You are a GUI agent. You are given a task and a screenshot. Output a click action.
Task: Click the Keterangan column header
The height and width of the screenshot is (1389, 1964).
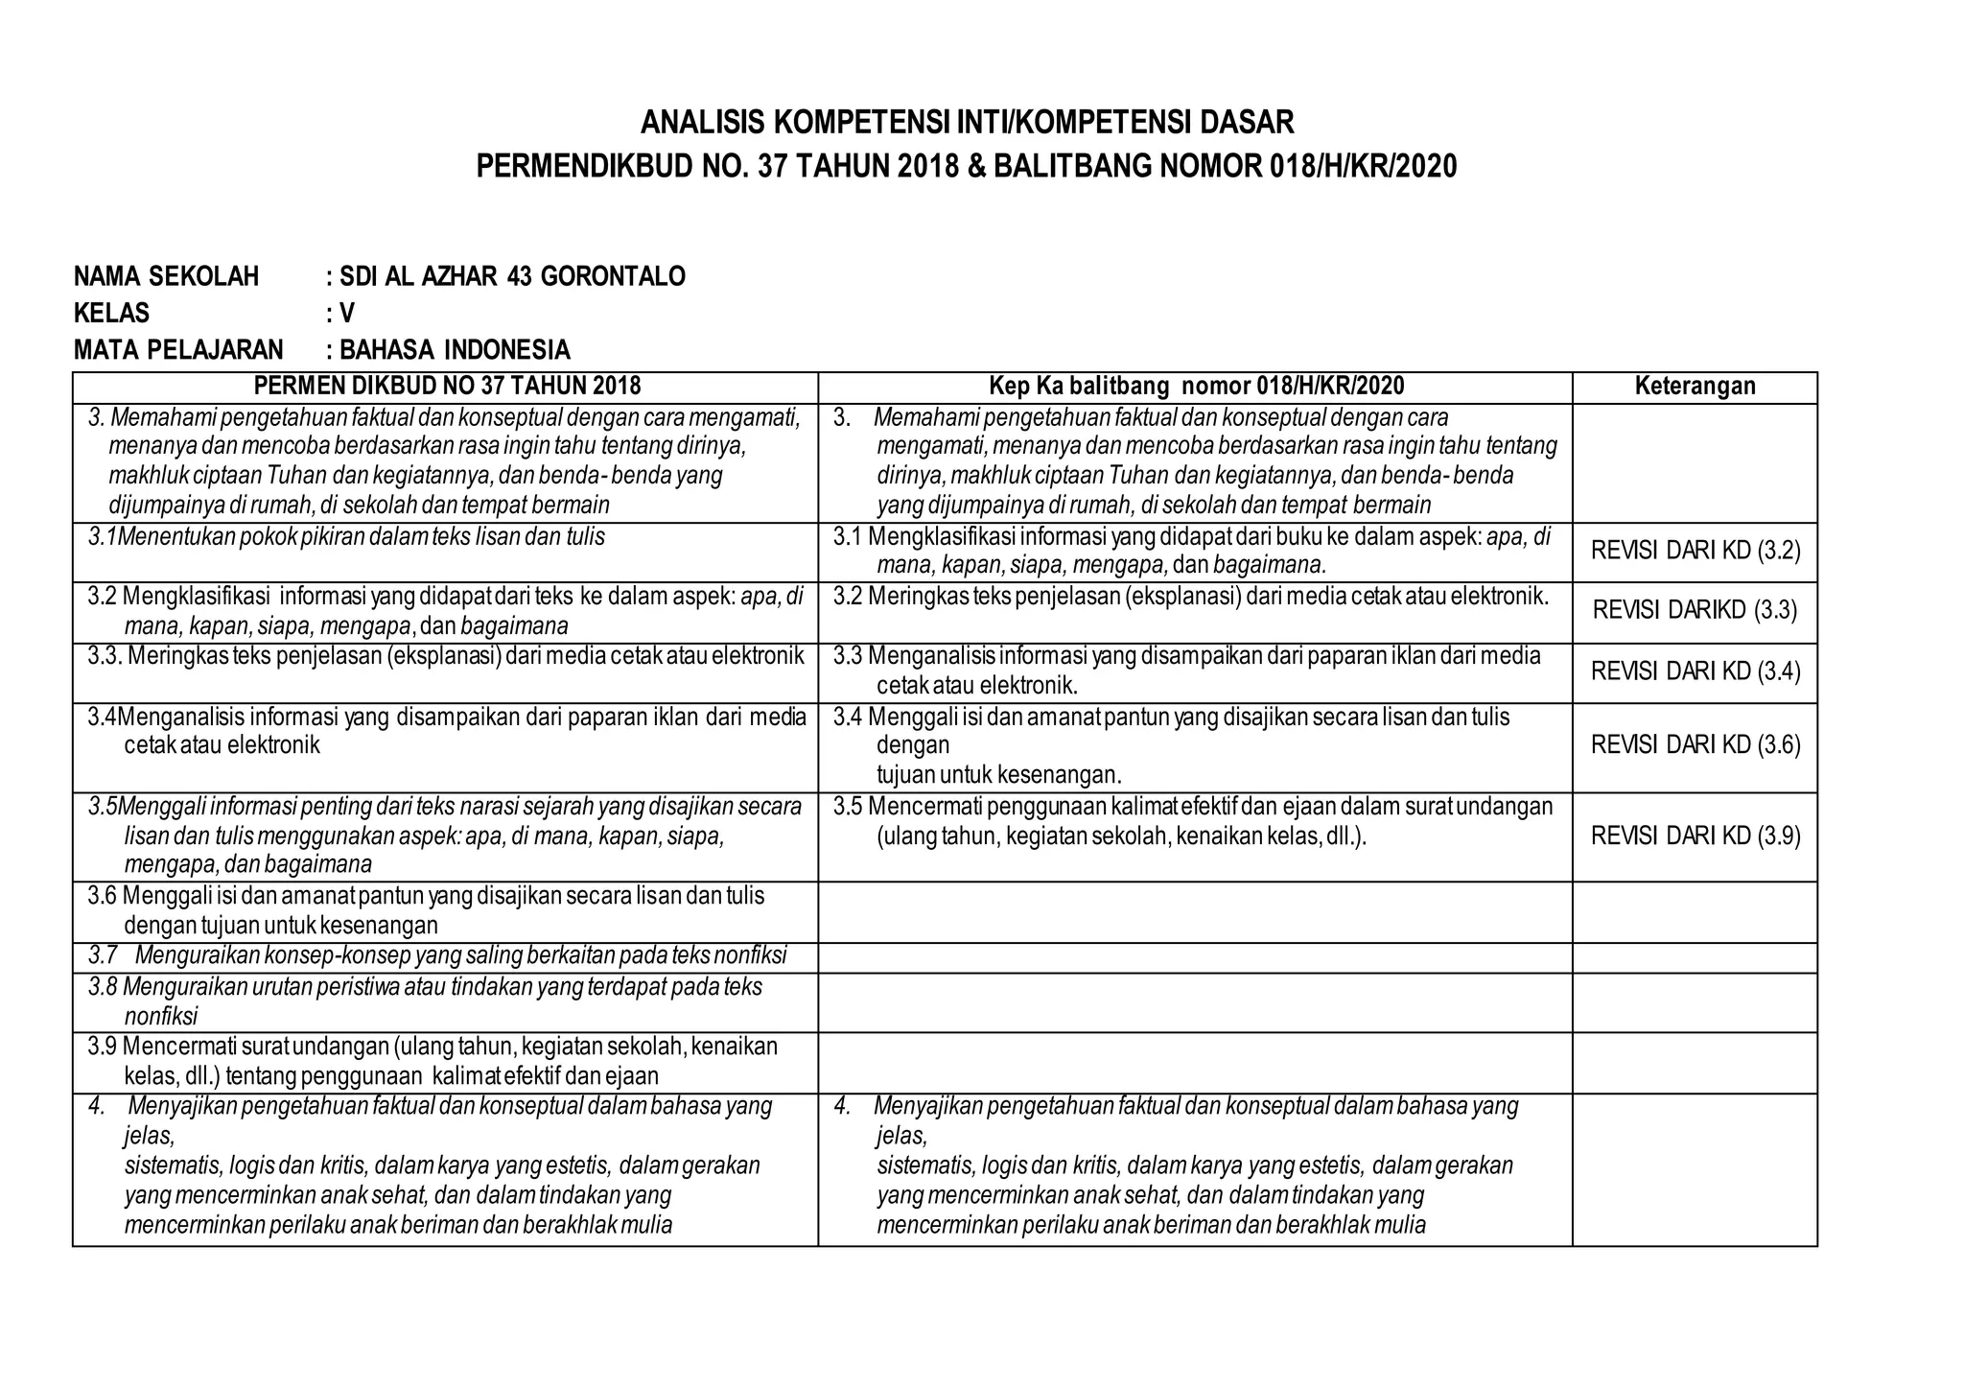tap(1695, 387)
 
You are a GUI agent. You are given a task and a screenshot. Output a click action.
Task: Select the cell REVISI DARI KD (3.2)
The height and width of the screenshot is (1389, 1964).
tap(1695, 551)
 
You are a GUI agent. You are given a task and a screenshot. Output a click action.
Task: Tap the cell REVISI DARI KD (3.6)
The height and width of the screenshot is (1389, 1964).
tap(1695, 745)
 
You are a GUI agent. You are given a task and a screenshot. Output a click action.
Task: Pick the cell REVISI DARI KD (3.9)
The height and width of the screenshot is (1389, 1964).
tap(1695, 836)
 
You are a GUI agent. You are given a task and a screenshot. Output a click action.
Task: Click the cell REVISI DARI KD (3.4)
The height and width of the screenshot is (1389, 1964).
tap(1695, 671)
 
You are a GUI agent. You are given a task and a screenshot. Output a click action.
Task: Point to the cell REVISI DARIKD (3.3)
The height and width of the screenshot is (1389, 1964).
tap(1695, 610)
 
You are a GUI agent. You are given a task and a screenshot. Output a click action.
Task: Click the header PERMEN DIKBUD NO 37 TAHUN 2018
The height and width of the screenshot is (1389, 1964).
tap(446, 387)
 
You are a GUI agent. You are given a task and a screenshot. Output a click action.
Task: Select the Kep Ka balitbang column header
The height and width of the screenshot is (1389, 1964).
tap(1196, 387)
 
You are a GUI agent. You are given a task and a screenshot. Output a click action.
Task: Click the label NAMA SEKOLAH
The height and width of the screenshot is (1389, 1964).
tap(166, 277)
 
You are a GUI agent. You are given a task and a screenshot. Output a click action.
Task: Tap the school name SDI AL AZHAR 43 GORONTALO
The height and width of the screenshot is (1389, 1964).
tap(512, 277)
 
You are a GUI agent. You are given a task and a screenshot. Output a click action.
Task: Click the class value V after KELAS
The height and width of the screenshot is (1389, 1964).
tap(347, 314)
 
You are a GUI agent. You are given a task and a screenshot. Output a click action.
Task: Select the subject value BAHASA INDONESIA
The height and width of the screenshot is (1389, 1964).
tap(455, 349)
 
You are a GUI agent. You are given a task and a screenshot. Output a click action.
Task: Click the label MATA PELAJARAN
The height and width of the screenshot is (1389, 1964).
tap(178, 349)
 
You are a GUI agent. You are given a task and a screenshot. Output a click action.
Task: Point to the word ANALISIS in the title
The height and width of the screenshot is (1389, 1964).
tap(702, 123)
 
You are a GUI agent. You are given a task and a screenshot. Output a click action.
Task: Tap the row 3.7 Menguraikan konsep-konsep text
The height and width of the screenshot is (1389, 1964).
tap(437, 956)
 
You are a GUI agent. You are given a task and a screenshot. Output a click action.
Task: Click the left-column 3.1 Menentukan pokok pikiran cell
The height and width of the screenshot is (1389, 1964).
tap(347, 537)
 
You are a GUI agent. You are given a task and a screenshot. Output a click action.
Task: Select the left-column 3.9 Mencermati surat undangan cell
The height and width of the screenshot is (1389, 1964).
tap(433, 1061)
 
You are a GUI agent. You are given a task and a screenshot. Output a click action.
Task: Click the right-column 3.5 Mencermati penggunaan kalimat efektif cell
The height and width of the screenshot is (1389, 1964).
tap(1192, 821)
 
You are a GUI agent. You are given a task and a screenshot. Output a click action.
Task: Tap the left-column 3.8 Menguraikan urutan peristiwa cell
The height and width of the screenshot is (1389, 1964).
tap(426, 1001)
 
